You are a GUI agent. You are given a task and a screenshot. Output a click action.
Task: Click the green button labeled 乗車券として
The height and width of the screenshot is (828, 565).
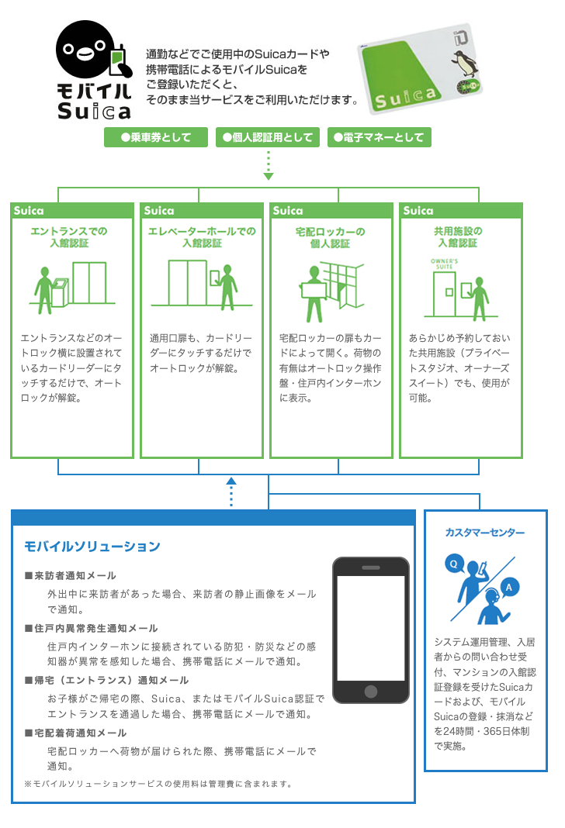156,137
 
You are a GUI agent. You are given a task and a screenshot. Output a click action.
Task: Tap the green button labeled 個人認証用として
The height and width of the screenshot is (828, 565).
268,137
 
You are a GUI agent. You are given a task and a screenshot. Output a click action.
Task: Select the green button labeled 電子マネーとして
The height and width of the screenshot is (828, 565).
379,137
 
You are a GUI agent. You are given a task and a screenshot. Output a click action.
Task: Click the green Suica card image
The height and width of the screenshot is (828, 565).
421,68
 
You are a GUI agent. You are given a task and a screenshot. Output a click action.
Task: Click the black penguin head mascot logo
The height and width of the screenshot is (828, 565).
85,50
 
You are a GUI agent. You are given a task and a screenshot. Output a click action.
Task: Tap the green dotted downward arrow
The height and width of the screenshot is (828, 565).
269,166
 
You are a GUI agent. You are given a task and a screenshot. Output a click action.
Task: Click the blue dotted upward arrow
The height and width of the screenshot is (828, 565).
231,492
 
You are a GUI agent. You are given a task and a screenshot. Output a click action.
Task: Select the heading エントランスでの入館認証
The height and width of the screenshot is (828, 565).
69,237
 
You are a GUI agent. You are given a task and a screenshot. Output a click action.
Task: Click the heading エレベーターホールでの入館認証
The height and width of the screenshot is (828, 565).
202,237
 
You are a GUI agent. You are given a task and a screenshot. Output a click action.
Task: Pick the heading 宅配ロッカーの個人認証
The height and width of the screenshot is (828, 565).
331,238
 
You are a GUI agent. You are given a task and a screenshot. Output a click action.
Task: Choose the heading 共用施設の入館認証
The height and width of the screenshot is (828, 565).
458,237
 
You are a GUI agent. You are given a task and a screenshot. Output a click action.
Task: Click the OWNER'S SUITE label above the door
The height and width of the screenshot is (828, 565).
445,264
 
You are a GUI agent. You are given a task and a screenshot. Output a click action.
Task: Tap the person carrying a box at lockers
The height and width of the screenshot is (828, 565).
314,294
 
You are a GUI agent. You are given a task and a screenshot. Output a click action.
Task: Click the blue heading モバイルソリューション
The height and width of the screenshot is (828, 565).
92,547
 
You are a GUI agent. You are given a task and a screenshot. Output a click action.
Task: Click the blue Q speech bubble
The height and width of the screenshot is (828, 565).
454,564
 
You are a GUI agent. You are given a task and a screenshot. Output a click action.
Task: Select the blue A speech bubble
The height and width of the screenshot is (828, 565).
509,587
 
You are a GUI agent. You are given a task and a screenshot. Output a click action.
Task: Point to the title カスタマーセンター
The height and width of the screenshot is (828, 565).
485,533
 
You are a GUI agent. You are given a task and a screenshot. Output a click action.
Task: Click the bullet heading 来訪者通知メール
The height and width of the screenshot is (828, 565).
71,575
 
